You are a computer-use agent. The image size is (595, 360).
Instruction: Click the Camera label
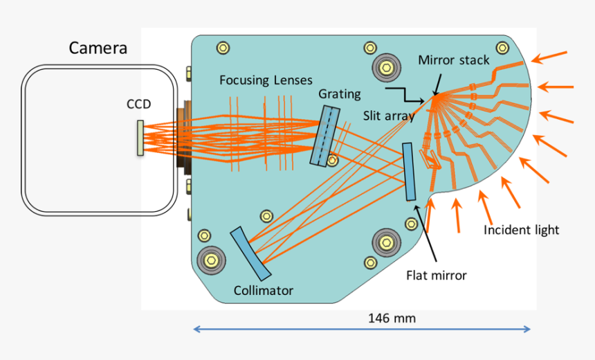coord(98,48)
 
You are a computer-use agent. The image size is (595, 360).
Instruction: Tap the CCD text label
coord(138,105)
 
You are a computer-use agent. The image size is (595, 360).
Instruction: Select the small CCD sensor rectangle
coord(140,137)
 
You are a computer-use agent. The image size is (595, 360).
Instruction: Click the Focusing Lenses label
coord(266,80)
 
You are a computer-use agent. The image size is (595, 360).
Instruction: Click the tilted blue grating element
coord(324,136)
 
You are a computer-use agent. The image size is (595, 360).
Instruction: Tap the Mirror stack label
coord(453,60)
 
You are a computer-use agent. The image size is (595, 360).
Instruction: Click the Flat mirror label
coord(436,276)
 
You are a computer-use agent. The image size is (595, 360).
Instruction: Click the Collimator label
coord(263,291)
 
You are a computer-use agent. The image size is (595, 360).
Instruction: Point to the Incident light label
coord(521,230)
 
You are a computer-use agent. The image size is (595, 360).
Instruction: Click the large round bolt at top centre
coord(385,67)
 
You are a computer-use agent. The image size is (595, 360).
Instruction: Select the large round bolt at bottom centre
coord(385,242)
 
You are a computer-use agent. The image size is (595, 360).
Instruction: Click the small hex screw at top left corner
coord(223,47)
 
